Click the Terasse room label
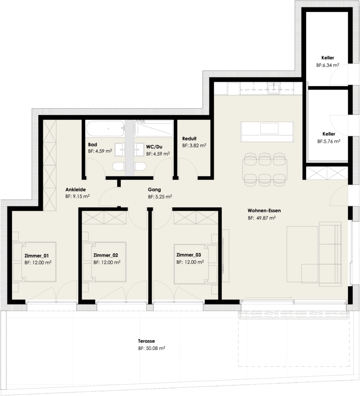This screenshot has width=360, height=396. pos(146,341)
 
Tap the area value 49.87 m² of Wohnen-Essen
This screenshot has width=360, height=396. pos(262,218)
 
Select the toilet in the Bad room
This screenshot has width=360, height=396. pos(118,167)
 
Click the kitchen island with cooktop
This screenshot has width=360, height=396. pos(266,131)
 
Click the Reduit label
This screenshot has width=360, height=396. pos(189,138)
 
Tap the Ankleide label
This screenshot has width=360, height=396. pos(75,189)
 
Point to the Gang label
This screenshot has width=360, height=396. pos(154,189)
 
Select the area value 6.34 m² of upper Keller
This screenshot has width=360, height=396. pos(328,66)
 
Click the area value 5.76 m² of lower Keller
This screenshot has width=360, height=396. pos(328,142)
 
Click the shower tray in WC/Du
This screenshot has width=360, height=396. pos(155,128)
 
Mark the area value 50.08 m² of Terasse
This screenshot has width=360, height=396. pos(151,348)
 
